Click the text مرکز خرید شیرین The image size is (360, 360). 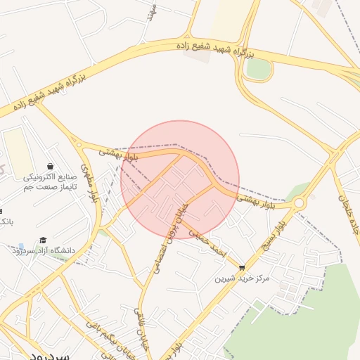[x=243, y=278]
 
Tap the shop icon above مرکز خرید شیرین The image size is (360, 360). [x=243, y=268]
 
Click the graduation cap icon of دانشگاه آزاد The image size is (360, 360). [x=43, y=240]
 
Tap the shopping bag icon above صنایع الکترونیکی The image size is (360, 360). [x=50, y=166]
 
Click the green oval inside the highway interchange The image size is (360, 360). [x=259, y=68]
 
